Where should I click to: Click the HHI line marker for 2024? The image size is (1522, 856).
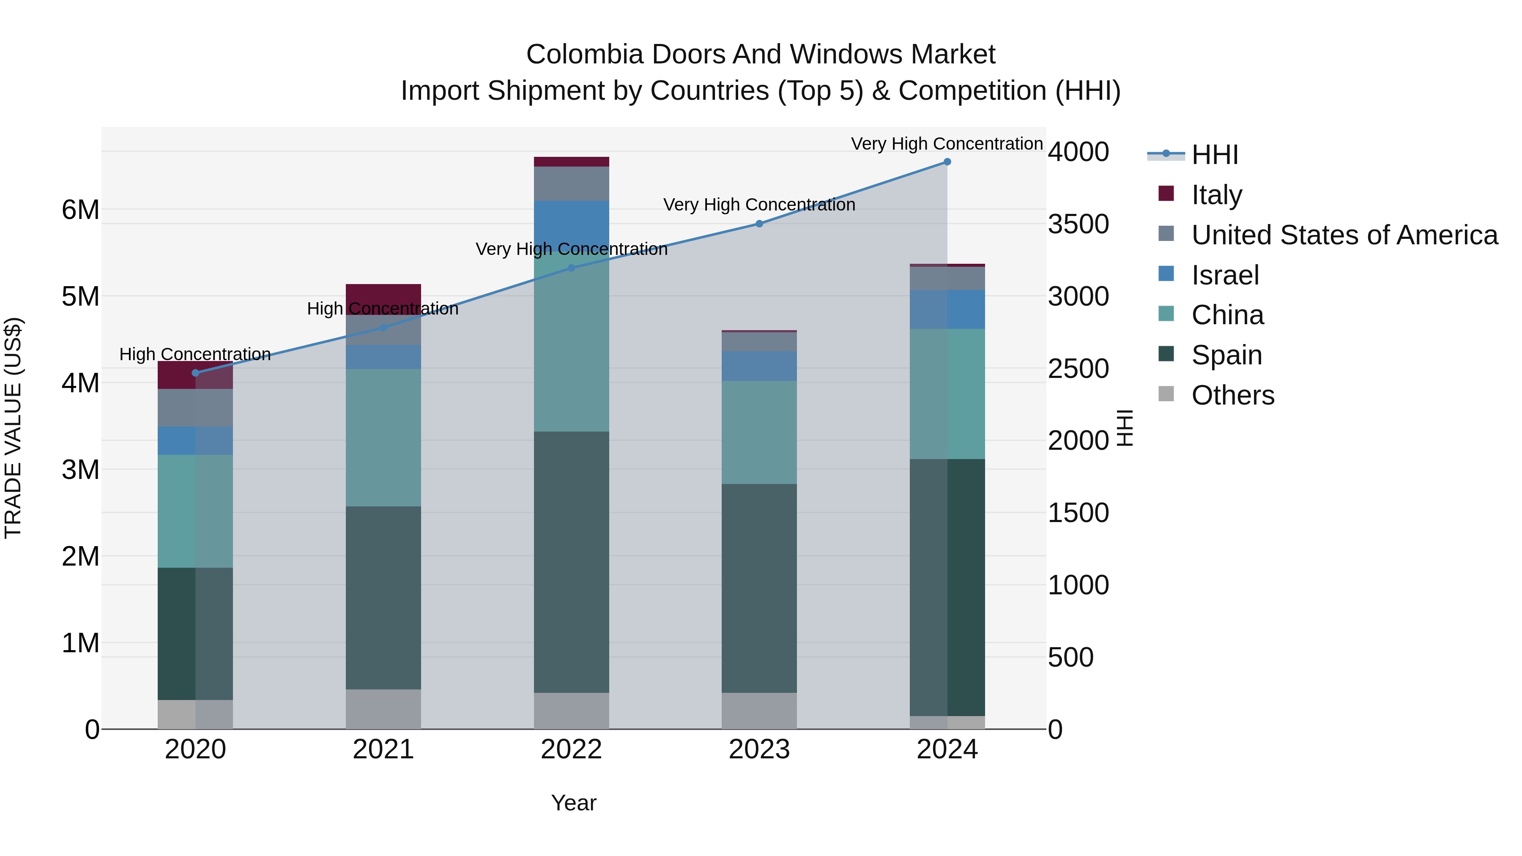pos(947,162)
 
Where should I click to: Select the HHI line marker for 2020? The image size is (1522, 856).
pos(196,373)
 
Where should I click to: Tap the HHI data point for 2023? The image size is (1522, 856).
pos(759,224)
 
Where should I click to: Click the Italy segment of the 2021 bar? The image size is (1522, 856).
pos(383,294)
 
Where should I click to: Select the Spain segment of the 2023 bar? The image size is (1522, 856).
pos(759,588)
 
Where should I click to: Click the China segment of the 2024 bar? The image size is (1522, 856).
pos(947,394)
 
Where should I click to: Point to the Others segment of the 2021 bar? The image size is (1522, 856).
pos(383,709)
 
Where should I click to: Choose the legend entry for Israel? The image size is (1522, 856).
pos(1224,275)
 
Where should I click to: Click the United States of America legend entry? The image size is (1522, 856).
pos(1344,235)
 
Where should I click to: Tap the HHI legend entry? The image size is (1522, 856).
pos(1214,155)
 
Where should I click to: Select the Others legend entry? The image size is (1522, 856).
pos(1232,395)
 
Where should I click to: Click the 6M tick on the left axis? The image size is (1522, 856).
pos(80,210)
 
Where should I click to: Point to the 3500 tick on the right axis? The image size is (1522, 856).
pos(1078,224)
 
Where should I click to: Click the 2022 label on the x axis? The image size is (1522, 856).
pos(571,749)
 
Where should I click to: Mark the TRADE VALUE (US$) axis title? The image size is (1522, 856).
pos(13,428)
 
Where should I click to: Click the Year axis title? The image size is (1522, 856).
pos(574,803)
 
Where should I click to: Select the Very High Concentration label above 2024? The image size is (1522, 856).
pos(947,144)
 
